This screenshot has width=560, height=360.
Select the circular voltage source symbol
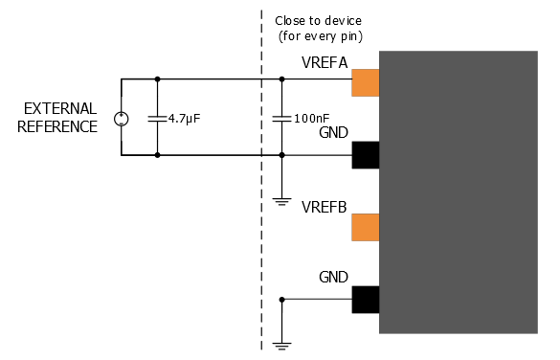pyautogui.click(x=122, y=118)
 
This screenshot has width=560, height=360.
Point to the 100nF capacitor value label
pyautogui.click(x=312, y=119)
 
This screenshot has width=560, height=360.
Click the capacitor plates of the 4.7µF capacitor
pyautogui.click(x=157, y=118)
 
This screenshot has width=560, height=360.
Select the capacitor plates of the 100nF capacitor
pyautogui.click(x=281, y=118)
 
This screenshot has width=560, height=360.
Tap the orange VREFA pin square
pyautogui.click(x=366, y=83)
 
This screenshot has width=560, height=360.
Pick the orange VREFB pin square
pyautogui.click(x=366, y=227)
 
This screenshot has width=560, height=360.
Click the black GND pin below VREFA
pyautogui.click(x=366, y=155)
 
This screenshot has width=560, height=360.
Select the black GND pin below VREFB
pyautogui.click(x=366, y=300)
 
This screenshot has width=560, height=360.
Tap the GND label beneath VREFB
pyautogui.click(x=334, y=279)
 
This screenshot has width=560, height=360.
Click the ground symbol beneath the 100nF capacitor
pyautogui.click(x=281, y=200)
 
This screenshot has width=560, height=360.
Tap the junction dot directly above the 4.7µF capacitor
pyautogui.click(x=157, y=79)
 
